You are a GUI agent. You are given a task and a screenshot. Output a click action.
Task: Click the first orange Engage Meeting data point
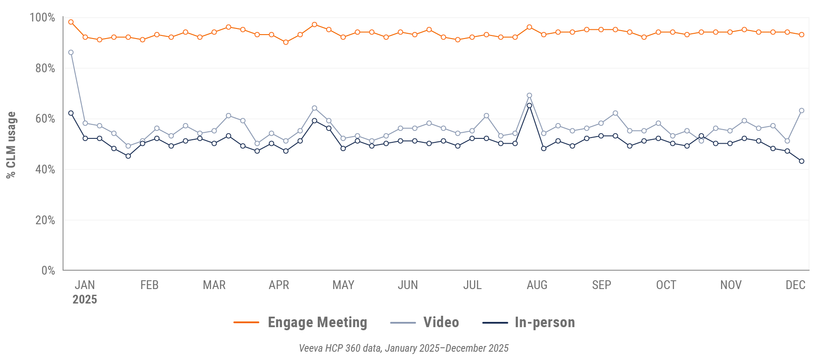(x=71, y=22)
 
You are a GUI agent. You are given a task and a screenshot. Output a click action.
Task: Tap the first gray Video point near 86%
(x=71, y=53)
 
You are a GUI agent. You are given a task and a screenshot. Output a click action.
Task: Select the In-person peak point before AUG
(x=529, y=106)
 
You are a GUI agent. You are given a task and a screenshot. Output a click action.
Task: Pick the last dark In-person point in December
(x=802, y=161)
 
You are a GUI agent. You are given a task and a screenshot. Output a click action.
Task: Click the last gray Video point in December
(x=802, y=111)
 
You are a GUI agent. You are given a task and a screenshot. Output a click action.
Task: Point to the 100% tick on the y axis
(x=42, y=18)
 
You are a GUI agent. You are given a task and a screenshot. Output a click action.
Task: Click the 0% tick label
(x=48, y=271)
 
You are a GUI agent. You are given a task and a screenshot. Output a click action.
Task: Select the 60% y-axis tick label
(x=45, y=119)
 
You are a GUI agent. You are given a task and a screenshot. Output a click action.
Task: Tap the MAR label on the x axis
(x=214, y=285)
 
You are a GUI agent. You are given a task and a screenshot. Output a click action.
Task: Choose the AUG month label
(x=537, y=285)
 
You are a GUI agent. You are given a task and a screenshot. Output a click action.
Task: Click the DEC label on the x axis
(x=795, y=285)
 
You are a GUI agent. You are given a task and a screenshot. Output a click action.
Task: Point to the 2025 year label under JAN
(x=84, y=300)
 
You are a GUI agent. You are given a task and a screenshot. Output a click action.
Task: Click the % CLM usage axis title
(x=11, y=145)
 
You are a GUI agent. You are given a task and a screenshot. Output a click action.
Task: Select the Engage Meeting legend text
(x=317, y=322)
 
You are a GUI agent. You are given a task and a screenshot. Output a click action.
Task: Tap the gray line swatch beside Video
(x=403, y=323)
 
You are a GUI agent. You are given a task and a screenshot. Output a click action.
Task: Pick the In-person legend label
(x=545, y=322)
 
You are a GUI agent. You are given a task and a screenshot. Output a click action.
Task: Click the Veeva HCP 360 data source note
(x=404, y=348)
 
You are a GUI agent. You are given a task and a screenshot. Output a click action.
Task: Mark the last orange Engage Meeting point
(x=802, y=35)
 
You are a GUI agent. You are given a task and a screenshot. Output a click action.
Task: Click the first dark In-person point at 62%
(x=71, y=113)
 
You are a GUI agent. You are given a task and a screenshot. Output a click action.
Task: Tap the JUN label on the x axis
(x=408, y=285)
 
